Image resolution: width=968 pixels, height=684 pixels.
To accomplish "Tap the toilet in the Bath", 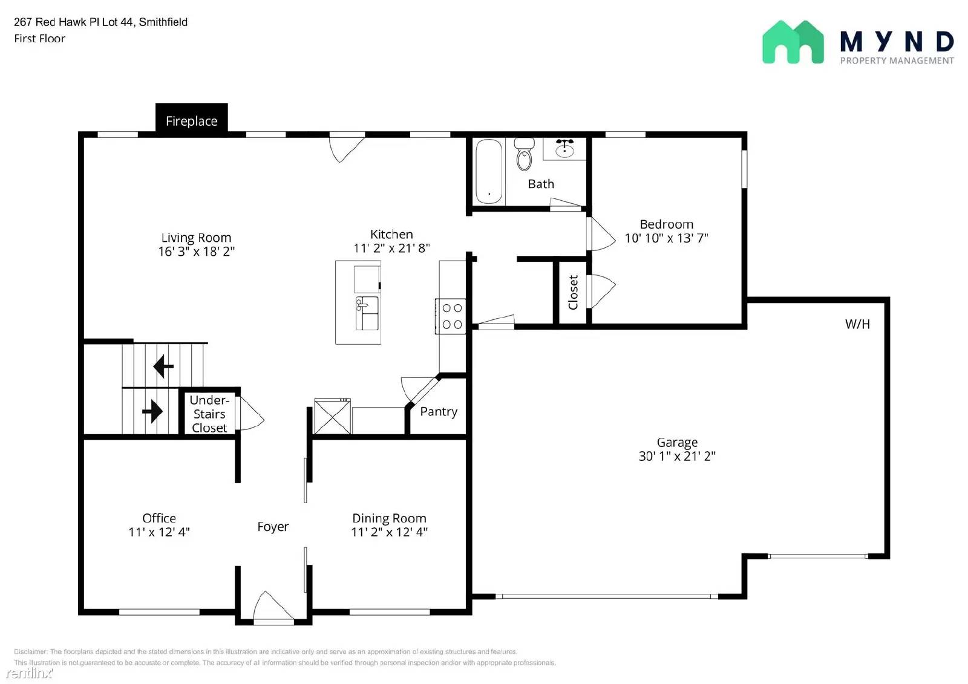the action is (x=524, y=154).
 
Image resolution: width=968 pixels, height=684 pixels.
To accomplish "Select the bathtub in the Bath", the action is (x=489, y=172).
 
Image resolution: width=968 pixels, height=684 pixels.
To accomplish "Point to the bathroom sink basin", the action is (x=564, y=149).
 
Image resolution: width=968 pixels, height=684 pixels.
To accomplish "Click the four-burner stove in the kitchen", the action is (x=451, y=316).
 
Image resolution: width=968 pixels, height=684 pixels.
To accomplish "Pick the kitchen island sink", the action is (x=367, y=313).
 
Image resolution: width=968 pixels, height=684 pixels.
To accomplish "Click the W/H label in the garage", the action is (x=857, y=324).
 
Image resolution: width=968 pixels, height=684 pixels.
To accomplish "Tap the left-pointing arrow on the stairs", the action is (x=163, y=366).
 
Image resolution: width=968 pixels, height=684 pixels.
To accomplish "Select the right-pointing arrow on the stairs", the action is (x=152, y=411).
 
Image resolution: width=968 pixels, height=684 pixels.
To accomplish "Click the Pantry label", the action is (x=439, y=411).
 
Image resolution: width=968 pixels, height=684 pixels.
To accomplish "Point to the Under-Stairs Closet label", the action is (x=209, y=414).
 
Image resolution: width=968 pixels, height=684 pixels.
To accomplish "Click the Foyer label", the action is (x=273, y=527).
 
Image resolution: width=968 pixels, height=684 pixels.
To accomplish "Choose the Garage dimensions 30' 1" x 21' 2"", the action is (x=677, y=456).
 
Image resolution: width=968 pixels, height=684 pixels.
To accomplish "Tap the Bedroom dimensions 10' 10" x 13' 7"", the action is (x=666, y=238).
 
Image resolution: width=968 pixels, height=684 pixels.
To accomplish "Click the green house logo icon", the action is (x=793, y=42).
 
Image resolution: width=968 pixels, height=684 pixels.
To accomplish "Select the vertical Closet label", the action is (x=573, y=293).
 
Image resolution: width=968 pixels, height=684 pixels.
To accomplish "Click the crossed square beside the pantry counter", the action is (x=332, y=416).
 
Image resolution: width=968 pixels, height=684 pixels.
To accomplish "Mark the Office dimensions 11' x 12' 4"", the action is (x=159, y=532).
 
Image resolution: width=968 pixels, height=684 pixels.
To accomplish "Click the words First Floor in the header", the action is (x=40, y=39).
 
